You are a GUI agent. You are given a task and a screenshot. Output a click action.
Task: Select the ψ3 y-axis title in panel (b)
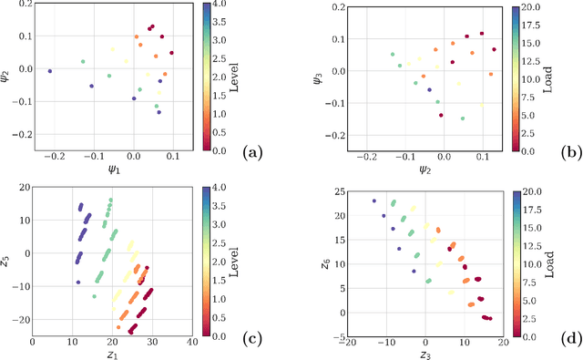point(312,72)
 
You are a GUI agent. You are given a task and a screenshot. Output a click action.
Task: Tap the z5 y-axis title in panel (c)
point(8,262)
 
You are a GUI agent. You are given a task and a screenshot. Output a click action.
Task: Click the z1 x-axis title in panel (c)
point(112,354)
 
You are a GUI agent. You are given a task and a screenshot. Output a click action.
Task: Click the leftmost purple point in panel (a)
point(50,70)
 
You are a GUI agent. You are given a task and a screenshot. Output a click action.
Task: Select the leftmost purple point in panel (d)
point(373,201)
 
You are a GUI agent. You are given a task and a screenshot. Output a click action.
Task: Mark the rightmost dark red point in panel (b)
point(494,49)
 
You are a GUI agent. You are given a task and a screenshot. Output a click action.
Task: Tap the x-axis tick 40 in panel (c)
point(191,342)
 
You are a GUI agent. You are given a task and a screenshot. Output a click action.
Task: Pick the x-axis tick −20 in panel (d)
point(347,342)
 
